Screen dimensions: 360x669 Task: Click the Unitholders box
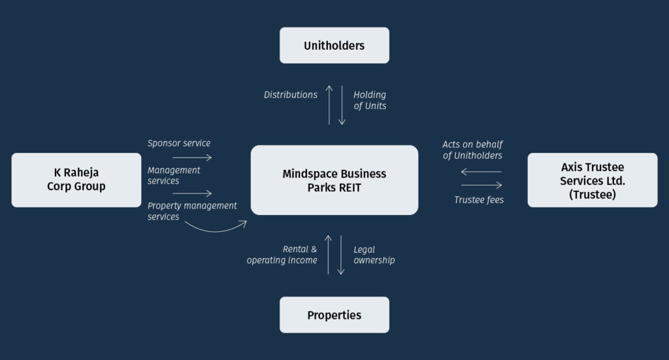tap(334, 45)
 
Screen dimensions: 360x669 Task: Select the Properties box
tap(334, 315)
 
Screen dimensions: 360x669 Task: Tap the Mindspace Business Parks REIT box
tap(334, 180)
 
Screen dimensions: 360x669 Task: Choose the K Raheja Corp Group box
tap(76, 180)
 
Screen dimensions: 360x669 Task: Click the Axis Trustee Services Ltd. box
tap(592, 180)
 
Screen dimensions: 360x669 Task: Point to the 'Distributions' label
tap(290, 95)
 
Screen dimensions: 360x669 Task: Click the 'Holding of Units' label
tap(370, 100)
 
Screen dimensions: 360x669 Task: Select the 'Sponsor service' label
tap(179, 143)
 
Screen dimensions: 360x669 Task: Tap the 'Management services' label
tap(174, 175)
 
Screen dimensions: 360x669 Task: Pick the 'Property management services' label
tap(192, 211)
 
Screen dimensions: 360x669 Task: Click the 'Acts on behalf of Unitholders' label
tap(472, 150)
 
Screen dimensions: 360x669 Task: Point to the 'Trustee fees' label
tap(479, 200)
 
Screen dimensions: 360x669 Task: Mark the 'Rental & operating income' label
tap(282, 255)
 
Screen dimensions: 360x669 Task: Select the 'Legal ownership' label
tap(374, 255)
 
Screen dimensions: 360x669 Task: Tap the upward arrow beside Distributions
tap(329, 105)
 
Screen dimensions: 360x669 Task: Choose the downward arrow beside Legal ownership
tap(341, 255)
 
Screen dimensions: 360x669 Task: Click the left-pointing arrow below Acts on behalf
tap(481, 172)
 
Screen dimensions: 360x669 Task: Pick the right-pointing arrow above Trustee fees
tap(481, 185)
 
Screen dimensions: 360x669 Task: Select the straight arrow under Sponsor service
tap(192, 157)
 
